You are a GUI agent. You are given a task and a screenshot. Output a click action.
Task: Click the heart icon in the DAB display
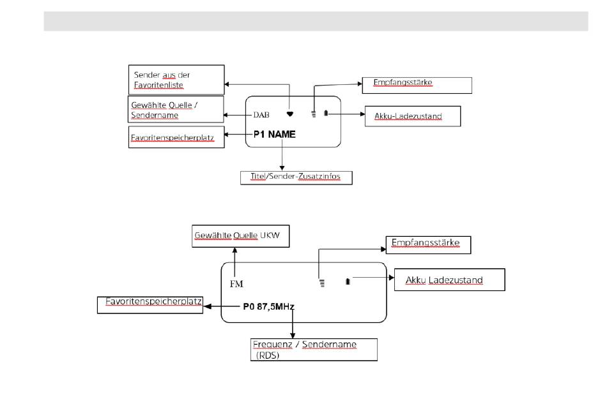tap(289, 114)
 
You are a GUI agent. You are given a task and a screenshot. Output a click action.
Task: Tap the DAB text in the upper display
tap(261, 115)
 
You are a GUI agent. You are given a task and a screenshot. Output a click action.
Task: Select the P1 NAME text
tap(275, 134)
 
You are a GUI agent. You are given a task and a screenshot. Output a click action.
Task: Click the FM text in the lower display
tap(236, 284)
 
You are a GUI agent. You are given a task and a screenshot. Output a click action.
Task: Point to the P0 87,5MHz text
tap(268, 306)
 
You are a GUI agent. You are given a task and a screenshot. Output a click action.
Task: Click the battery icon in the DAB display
tap(326, 113)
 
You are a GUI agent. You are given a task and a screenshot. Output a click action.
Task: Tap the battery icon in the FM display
tap(348, 281)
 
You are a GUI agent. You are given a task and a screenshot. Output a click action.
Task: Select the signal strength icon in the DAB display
tap(314, 114)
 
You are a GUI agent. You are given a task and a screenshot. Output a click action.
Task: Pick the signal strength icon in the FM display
tap(321, 283)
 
